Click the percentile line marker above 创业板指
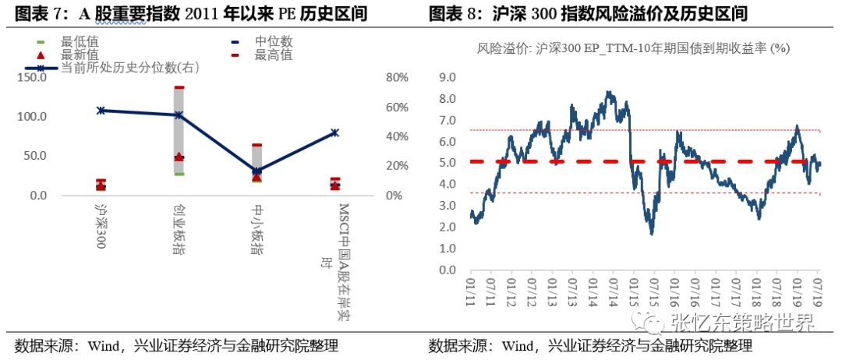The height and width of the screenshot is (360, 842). (179, 115)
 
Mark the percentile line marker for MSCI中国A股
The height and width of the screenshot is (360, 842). (334, 132)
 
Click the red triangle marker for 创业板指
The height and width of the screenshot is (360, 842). (179, 157)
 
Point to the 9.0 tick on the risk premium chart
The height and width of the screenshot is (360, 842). (447, 77)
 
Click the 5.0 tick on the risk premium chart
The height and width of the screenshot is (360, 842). (447, 163)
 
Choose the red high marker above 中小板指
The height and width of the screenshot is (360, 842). (256, 145)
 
